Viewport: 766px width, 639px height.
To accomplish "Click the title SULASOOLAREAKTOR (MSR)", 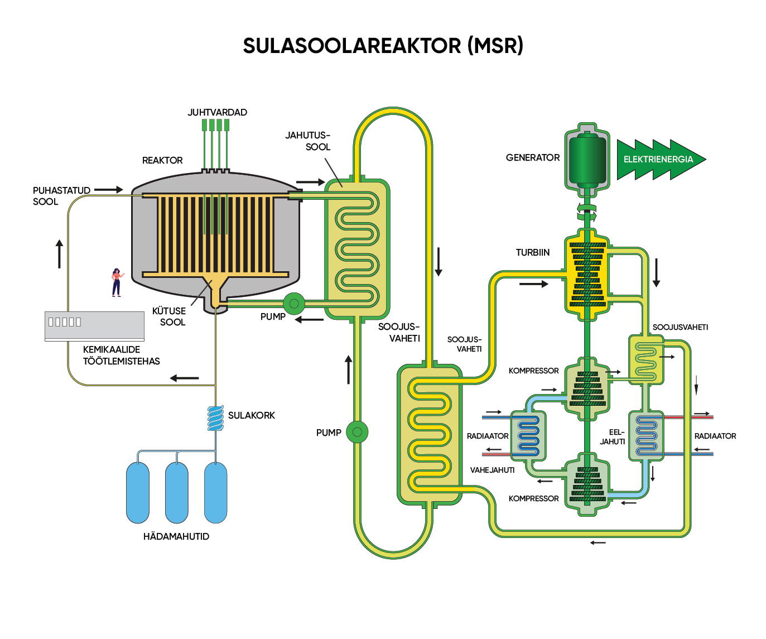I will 383,46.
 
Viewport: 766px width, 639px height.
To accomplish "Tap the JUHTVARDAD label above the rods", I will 217,112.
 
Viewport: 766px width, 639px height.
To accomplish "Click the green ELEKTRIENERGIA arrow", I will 658,160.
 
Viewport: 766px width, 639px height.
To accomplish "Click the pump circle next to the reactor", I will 294,304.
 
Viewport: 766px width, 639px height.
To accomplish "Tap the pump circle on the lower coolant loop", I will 357,432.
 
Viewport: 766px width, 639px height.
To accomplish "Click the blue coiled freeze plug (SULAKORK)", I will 215,418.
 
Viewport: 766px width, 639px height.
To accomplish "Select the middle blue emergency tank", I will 177,493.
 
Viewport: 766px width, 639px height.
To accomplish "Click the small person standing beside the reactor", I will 116,282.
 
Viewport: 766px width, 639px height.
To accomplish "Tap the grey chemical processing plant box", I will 94,326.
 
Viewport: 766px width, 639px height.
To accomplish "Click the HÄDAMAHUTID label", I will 176,536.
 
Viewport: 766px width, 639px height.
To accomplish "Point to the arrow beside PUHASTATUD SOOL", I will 109,190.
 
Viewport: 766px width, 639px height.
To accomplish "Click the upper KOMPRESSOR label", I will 533,371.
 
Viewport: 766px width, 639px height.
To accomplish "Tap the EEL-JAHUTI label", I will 613,436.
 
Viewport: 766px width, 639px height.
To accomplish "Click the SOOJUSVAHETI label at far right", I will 680,327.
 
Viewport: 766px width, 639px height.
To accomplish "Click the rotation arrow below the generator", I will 586,212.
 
